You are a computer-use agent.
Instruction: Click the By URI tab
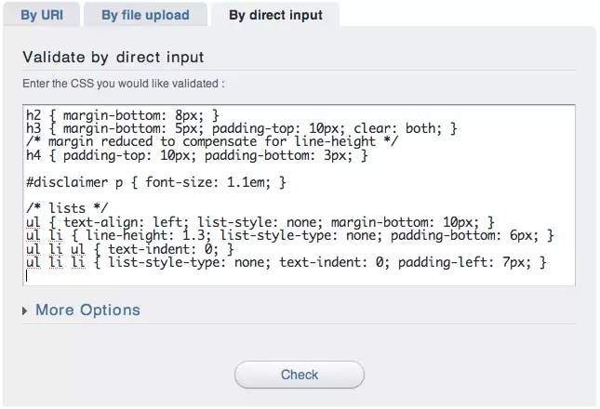(x=42, y=15)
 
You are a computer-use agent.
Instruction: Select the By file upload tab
(x=145, y=15)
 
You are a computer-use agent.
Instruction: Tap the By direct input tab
(x=275, y=15)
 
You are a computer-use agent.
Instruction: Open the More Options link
(x=87, y=310)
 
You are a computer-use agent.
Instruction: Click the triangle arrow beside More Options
(x=25, y=310)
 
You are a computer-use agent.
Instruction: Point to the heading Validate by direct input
(x=113, y=58)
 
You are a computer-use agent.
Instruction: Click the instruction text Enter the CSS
(x=124, y=84)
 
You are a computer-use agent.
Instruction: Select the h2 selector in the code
(x=33, y=115)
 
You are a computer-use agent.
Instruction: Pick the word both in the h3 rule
(x=420, y=128)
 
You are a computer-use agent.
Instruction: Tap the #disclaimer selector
(x=67, y=182)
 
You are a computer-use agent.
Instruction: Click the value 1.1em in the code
(x=246, y=182)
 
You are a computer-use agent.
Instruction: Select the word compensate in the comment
(x=220, y=142)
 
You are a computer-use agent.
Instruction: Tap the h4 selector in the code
(x=33, y=155)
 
